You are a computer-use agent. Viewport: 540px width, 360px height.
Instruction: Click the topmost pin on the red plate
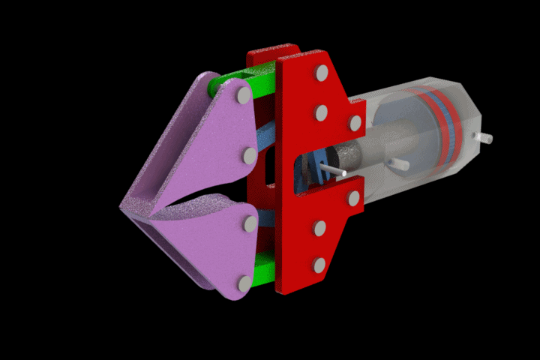[x=321, y=73]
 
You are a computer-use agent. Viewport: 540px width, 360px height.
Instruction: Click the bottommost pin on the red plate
[x=319, y=265]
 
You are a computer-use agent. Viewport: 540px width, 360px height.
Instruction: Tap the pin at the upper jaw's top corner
[x=243, y=95]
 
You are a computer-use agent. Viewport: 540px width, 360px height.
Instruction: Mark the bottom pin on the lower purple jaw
[x=244, y=283]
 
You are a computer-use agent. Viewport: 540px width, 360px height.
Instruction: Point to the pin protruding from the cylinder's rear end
[x=484, y=138]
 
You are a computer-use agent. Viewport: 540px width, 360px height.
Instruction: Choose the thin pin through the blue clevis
[x=334, y=172]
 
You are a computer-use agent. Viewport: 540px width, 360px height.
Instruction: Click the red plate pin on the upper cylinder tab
[x=355, y=122]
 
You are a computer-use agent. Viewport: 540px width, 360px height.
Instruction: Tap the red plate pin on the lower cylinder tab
[x=354, y=198]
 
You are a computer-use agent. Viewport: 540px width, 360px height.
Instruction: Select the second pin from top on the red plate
[x=321, y=112]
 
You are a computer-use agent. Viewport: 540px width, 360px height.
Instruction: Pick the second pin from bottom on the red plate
[x=320, y=227]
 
